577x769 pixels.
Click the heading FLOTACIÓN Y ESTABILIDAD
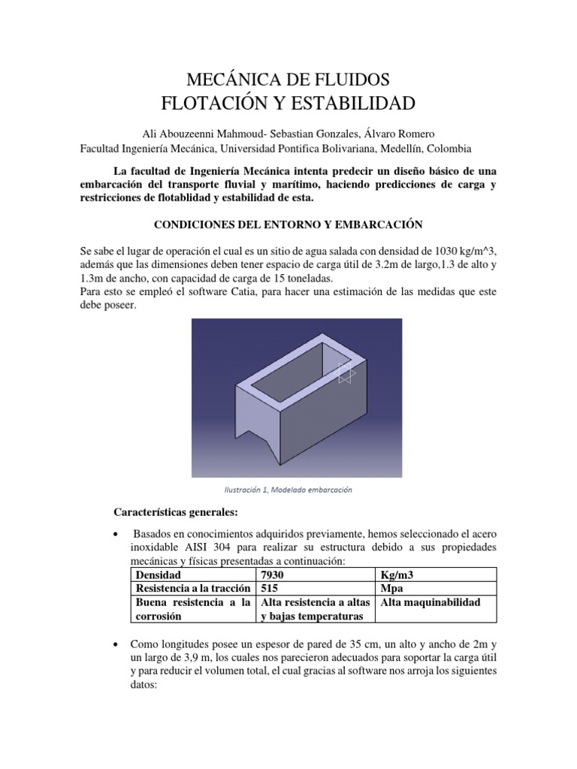tap(288, 102)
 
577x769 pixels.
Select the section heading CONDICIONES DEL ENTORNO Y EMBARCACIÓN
tap(288, 225)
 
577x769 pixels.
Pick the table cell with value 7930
tap(271, 575)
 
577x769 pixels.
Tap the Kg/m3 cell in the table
tap(397, 575)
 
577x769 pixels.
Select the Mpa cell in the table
tap(393, 589)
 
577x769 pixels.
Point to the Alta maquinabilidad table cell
tap(430, 602)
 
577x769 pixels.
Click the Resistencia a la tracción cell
tap(191, 589)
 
